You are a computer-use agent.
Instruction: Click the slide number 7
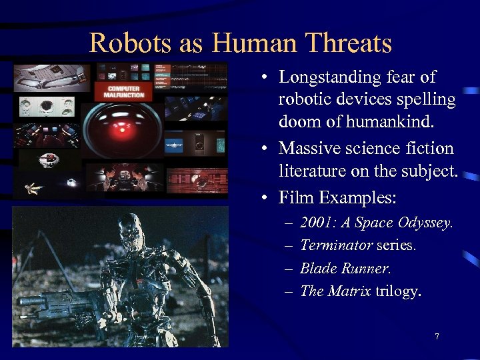[x=437, y=337]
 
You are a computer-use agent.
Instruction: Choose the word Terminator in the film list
[x=336, y=245]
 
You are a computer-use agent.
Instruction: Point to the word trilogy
[x=397, y=292]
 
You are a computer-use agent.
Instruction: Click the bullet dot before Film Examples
[x=265, y=199]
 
